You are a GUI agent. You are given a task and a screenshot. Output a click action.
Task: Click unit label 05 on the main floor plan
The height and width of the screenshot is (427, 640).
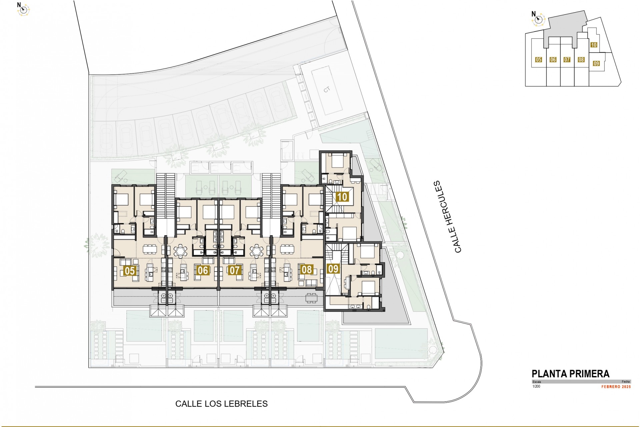pos(129,271)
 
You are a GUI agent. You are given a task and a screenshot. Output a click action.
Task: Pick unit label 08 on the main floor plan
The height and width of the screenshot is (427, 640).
pos(306,270)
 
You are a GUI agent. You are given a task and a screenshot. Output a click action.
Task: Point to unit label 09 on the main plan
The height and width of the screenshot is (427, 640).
pos(333,269)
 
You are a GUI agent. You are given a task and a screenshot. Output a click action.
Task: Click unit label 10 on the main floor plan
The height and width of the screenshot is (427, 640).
pos(342,197)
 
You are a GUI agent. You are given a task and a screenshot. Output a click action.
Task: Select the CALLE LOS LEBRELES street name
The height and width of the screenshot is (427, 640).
pos(221,404)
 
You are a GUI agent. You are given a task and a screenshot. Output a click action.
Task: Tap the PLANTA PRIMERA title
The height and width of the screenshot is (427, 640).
pos(570,374)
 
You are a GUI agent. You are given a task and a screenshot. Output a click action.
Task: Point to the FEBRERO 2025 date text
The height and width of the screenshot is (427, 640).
pos(616,387)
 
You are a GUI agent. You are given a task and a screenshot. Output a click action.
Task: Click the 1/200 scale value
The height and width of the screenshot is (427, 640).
pos(536,387)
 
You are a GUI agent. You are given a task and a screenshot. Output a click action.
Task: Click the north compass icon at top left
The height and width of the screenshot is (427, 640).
pos(23,10)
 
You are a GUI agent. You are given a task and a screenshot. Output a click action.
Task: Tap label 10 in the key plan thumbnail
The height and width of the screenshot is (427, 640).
pos(594,45)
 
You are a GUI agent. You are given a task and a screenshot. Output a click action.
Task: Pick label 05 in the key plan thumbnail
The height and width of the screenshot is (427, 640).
pos(538,60)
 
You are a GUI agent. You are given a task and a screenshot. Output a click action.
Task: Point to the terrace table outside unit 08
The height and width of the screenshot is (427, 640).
pos(311,298)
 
